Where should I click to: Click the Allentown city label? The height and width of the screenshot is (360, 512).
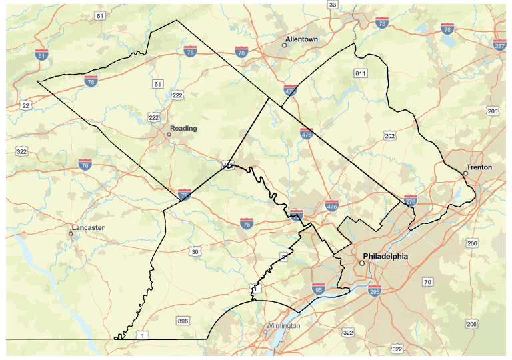302,39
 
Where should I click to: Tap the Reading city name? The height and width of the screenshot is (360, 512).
183,128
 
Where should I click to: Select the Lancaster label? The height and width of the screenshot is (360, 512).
88,227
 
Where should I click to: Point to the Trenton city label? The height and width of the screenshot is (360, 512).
479,167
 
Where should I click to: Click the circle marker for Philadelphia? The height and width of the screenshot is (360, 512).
362,263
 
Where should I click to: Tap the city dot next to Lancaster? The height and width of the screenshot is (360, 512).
71,234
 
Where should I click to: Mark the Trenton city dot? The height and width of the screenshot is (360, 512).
465,173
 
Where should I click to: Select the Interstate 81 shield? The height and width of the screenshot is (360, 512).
41,56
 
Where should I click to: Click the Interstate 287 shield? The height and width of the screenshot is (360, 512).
499,45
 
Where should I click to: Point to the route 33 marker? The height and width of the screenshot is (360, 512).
333,5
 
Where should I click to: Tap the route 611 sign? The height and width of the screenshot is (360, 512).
361,73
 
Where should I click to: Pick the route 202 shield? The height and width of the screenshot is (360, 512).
390,136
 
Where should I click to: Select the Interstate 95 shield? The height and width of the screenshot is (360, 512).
318,289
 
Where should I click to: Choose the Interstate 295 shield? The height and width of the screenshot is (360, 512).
374,291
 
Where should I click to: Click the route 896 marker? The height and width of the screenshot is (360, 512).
183,321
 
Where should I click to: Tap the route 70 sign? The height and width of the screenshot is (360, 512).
427,282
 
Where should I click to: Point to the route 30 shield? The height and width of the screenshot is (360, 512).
195,251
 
